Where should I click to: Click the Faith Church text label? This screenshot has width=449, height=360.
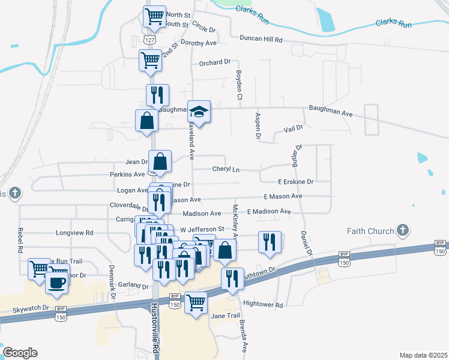370,231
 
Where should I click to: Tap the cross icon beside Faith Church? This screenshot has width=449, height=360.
403,230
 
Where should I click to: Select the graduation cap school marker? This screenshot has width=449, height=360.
199,112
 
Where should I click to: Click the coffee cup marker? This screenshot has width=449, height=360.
57,283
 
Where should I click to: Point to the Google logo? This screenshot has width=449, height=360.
20,352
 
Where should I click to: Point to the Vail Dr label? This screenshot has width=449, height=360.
293,128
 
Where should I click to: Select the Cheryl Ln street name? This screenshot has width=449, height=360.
226,169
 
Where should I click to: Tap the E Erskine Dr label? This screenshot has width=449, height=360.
295,181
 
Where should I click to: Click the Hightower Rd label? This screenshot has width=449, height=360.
263,305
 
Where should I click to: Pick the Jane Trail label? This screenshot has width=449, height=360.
225,316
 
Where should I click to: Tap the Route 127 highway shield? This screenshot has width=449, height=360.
147,38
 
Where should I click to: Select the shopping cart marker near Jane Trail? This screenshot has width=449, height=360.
196,302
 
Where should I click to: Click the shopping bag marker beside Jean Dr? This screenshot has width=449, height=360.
160,161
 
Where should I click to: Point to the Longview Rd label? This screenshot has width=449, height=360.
74,232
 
